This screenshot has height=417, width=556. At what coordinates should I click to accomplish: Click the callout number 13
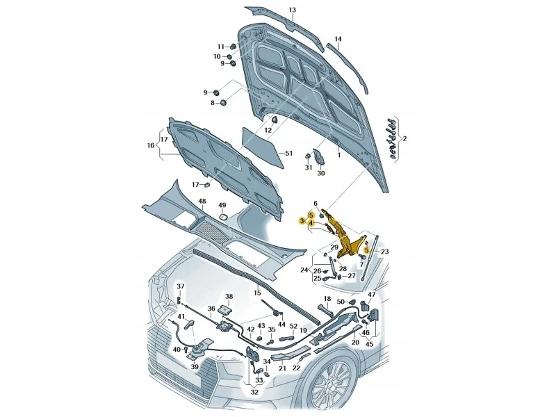click(x=292, y=10)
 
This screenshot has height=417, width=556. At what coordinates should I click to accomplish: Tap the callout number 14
click(x=338, y=39)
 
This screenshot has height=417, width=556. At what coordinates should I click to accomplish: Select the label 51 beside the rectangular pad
click(x=289, y=153)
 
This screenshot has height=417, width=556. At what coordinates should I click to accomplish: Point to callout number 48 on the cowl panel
click(x=202, y=202)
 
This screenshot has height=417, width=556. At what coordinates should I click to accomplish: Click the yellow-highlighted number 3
click(x=302, y=221)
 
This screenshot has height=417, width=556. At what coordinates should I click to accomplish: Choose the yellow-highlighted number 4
click(x=311, y=222)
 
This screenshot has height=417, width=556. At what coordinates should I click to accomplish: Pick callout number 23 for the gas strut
click(x=385, y=252)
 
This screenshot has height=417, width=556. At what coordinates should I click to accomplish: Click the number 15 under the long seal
click(x=257, y=293)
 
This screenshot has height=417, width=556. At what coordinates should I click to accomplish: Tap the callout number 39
click(x=195, y=367)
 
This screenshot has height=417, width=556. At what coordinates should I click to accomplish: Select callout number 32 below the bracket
click(x=254, y=392)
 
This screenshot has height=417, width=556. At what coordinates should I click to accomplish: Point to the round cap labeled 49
click(x=222, y=216)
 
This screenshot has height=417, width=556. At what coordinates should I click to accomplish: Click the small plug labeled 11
click(x=233, y=46)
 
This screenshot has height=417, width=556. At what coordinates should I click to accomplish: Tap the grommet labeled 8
click(x=224, y=103)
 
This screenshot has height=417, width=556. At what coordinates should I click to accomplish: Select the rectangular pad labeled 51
click(x=263, y=147)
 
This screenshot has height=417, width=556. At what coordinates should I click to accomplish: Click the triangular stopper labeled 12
click(x=275, y=120)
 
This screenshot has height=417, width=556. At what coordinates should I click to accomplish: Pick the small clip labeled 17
click(x=206, y=184)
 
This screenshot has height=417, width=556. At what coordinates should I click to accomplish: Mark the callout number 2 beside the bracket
click(x=404, y=138)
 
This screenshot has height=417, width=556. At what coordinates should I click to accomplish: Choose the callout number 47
click(x=371, y=295)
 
